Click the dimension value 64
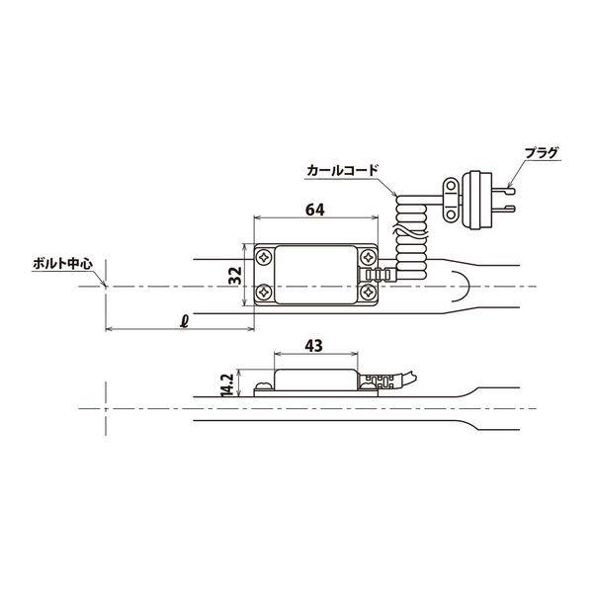tap(315, 211)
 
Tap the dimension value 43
tap(315, 347)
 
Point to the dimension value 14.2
tap(225, 383)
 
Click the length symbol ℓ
tap(185, 319)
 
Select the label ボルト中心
tap(61, 265)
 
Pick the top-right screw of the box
tap(368, 256)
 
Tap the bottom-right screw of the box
tap(368, 294)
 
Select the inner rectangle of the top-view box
tap(316, 275)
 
